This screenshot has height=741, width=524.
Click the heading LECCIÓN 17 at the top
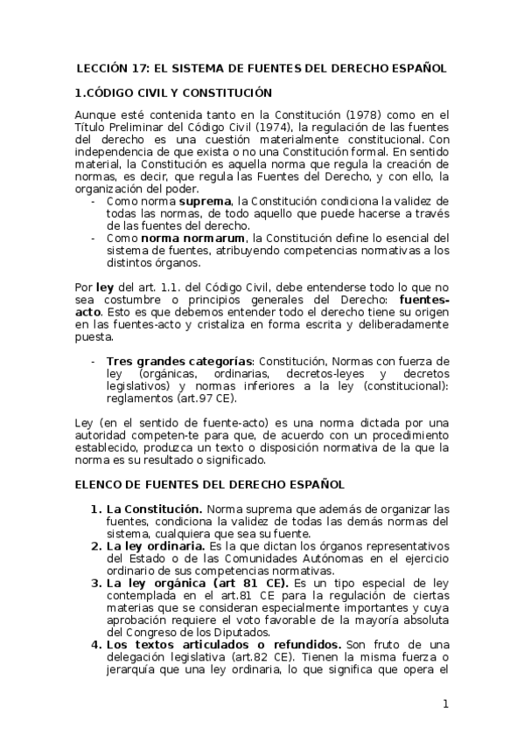click(261, 67)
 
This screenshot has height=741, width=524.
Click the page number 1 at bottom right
click(445, 704)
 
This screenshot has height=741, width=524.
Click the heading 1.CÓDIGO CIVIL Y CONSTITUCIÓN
click(173, 92)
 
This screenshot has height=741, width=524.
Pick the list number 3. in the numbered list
click(96, 581)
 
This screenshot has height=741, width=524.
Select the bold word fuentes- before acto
click(423, 298)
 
